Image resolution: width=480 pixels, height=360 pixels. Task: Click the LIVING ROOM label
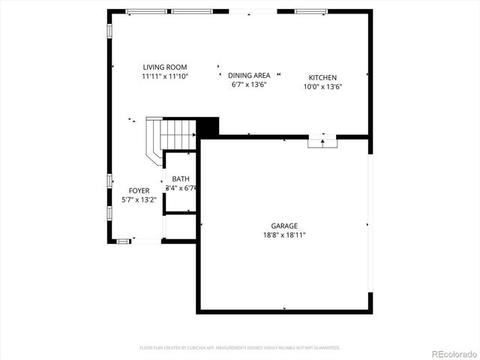[x=165, y=67]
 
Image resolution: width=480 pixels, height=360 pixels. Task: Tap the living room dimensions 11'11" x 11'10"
[x=165, y=76]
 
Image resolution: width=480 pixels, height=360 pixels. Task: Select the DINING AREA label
[x=249, y=76]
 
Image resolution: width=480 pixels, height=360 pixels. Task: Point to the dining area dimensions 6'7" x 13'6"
[x=249, y=85]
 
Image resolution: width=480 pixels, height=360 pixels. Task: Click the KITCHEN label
[x=322, y=77]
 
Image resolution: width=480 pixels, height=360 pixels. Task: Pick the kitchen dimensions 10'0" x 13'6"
[x=322, y=86]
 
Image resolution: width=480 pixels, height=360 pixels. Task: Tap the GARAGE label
[x=284, y=226]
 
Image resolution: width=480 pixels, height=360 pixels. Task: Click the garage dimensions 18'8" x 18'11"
[x=284, y=235]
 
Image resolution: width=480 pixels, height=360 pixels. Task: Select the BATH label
[x=181, y=178]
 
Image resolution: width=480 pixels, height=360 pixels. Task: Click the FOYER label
[x=139, y=190]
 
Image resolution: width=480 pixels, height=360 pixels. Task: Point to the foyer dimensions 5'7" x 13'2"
[x=139, y=199]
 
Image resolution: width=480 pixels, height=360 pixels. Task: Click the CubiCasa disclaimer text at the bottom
[x=240, y=348]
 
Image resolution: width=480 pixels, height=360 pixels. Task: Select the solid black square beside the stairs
[x=208, y=127]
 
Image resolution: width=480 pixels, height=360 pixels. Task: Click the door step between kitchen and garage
[x=323, y=142]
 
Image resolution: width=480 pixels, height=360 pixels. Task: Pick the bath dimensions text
[x=181, y=187]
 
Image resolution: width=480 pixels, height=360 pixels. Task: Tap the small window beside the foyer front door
[x=123, y=241]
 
